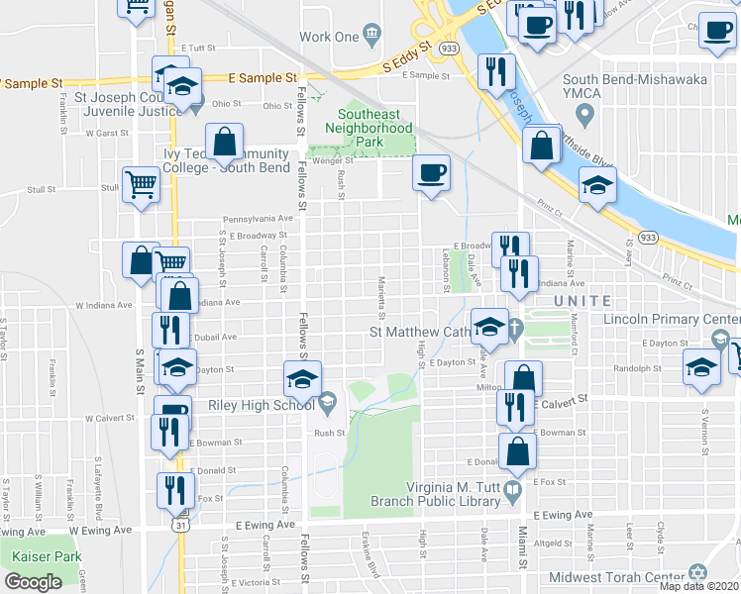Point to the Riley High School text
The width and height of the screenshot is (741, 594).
[261, 404]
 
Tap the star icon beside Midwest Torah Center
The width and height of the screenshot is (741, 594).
[694, 575]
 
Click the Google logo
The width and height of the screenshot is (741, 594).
[33, 582]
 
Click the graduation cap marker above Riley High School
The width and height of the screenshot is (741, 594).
[303, 377]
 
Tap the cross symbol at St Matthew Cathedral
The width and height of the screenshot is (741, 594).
[515, 328]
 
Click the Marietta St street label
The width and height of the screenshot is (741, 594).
[382, 293]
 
